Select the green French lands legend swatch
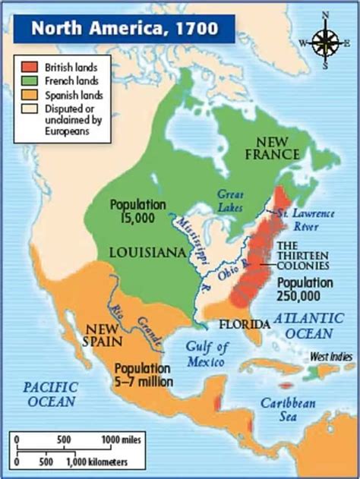[28, 79]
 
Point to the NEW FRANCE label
[291, 149]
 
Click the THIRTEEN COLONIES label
[302, 256]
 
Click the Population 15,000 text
[137, 212]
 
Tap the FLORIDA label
[245, 325]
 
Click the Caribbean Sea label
[289, 411]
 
